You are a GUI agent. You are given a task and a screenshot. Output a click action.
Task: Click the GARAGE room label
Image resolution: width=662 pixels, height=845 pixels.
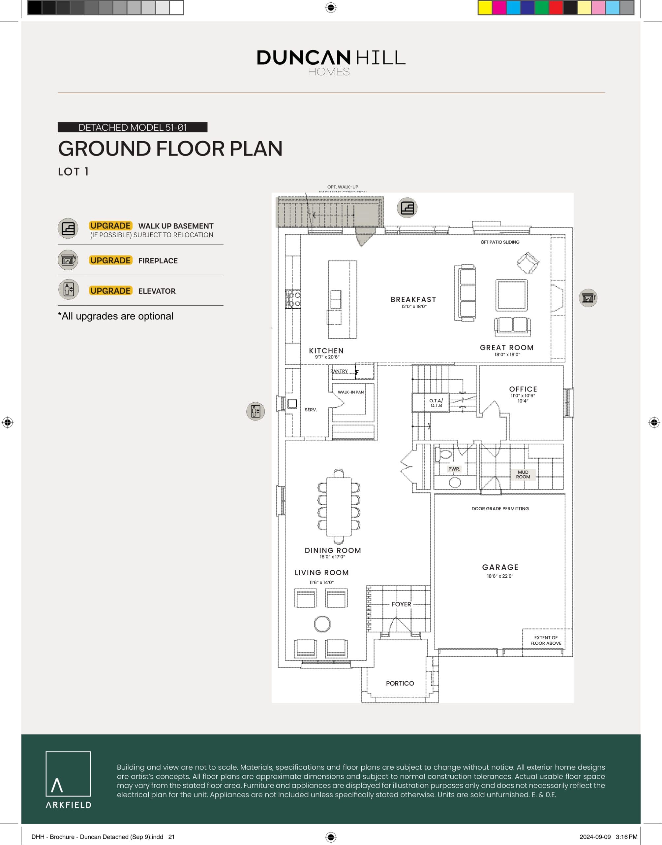(x=500, y=567)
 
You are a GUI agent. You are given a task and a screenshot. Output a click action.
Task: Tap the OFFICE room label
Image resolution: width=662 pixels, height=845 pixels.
(x=523, y=389)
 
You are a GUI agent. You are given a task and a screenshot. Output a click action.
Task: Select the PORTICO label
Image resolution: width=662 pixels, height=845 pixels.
(x=400, y=683)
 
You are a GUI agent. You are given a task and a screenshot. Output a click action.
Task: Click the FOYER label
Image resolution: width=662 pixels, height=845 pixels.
(x=401, y=604)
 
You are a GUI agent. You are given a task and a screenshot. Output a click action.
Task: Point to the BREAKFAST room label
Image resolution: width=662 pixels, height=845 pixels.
(x=413, y=299)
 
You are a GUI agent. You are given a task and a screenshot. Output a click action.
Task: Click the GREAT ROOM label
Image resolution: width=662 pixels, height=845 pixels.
(x=507, y=348)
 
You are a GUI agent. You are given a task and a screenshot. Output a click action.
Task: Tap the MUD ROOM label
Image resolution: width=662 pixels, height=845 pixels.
(x=523, y=475)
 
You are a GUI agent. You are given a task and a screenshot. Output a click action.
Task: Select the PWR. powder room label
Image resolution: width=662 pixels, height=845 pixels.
(x=454, y=469)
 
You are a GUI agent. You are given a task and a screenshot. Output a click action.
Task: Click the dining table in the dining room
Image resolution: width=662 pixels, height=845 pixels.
(x=338, y=506)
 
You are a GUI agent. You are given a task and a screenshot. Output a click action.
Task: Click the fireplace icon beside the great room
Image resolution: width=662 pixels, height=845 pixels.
(x=588, y=298)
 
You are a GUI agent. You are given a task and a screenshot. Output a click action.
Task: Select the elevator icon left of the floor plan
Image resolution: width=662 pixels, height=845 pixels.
(x=256, y=411)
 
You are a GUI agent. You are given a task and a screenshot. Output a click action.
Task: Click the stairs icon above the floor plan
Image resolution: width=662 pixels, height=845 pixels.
(x=407, y=208)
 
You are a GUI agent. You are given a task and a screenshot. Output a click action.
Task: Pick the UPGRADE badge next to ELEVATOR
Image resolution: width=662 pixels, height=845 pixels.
(x=110, y=290)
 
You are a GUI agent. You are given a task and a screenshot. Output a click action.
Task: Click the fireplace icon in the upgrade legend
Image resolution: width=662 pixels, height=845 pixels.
(x=68, y=260)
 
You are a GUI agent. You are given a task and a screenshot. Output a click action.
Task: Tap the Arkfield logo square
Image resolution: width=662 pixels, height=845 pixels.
(x=68, y=774)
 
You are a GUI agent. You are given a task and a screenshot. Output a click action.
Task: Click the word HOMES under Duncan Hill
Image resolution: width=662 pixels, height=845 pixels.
(x=329, y=72)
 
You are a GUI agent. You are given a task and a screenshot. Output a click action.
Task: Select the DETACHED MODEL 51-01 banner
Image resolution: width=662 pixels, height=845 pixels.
(x=133, y=127)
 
